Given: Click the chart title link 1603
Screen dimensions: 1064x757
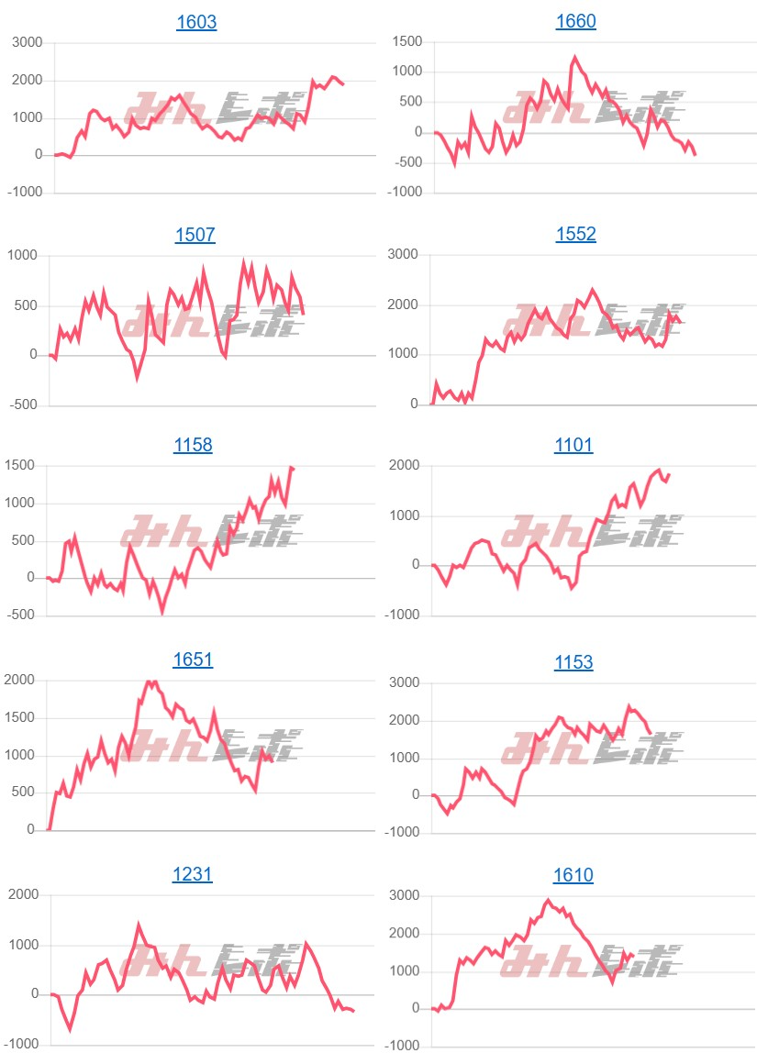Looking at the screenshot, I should click(196, 22).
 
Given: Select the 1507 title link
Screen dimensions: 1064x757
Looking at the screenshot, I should click(195, 235).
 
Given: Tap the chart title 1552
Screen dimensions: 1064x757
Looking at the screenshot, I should click(575, 234).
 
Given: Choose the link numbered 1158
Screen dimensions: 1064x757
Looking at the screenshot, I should click(193, 445).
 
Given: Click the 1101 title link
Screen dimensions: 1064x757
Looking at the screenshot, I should click(573, 445).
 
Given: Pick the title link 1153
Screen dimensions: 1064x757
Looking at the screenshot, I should click(573, 661).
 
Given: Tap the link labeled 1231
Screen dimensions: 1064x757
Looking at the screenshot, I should click(193, 874).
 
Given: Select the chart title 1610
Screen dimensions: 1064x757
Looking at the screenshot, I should click(573, 875).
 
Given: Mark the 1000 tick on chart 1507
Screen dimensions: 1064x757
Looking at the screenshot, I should click(23, 255).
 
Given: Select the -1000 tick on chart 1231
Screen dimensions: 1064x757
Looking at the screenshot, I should click(20, 1044).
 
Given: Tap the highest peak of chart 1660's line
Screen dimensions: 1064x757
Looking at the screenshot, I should click(575, 57).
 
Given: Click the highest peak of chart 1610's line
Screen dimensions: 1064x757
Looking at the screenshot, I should click(548, 901).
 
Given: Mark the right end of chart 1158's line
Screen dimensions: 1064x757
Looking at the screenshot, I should click(294, 469).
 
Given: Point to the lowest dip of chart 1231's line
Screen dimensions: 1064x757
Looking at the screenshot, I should click(70, 1028).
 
